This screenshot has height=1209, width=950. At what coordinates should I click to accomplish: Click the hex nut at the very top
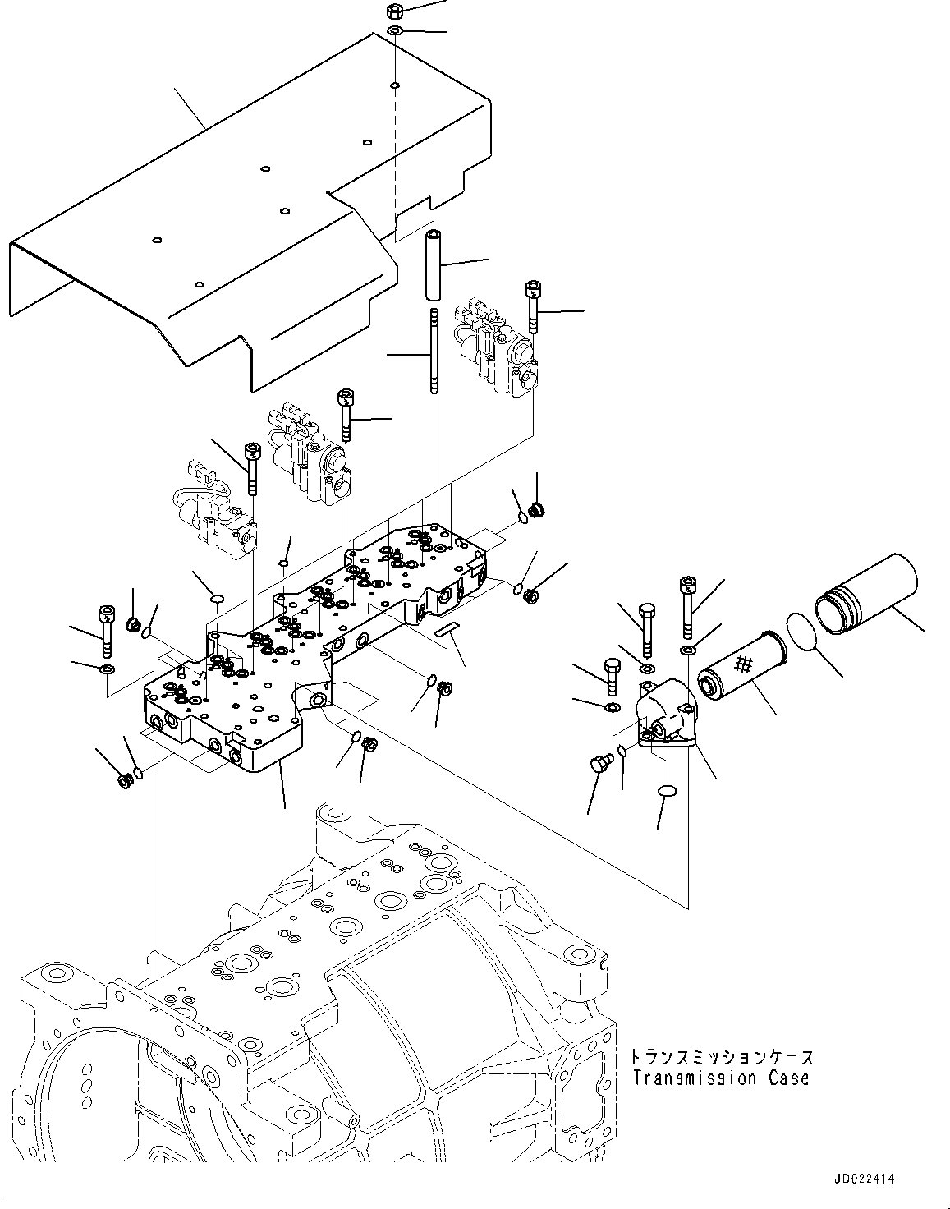click(x=392, y=11)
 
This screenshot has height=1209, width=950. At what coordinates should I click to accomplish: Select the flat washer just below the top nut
click(x=393, y=31)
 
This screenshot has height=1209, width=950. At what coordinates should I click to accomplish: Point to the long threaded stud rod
click(x=431, y=351)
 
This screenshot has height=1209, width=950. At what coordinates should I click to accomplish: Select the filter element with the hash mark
click(x=741, y=664)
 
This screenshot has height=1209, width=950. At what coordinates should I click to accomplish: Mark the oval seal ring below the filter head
click(x=668, y=791)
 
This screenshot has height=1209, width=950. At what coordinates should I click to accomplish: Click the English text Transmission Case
click(x=720, y=1078)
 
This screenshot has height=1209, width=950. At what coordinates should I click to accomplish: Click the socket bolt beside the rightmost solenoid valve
click(x=532, y=306)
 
